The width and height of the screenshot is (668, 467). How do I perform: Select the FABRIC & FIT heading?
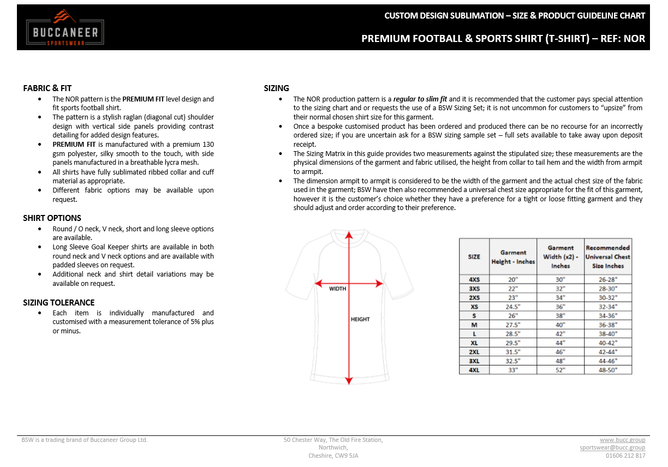[x=47, y=88]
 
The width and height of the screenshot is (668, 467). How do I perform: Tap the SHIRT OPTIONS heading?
[x=52, y=218]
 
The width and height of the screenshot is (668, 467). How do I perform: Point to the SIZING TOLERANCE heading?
[x=58, y=302]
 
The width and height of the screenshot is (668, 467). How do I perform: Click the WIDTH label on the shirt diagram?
[x=337, y=289]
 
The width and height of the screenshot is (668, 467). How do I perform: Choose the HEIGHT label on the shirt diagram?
[x=360, y=319]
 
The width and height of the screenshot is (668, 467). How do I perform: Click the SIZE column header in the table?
[x=474, y=256]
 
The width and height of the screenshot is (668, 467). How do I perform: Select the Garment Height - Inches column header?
[x=513, y=257]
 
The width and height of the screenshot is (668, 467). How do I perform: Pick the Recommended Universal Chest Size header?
[x=607, y=256]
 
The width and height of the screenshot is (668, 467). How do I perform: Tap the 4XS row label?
[x=474, y=279]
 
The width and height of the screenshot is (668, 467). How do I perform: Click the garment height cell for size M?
[x=513, y=325]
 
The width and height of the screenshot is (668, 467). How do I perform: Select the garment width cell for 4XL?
[x=560, y=370]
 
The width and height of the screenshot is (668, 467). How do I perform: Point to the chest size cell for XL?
[x=607, y=343]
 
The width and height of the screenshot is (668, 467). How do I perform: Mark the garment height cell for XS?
[x=513, y=307]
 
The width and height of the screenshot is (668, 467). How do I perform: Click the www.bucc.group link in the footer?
[x=622, y=440]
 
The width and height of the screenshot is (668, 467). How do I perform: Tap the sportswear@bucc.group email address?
[x=612, y=447]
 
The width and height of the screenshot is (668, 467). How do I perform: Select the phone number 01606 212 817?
[x=625, y=456]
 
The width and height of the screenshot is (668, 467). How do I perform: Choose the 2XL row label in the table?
[x=474, y=352]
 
